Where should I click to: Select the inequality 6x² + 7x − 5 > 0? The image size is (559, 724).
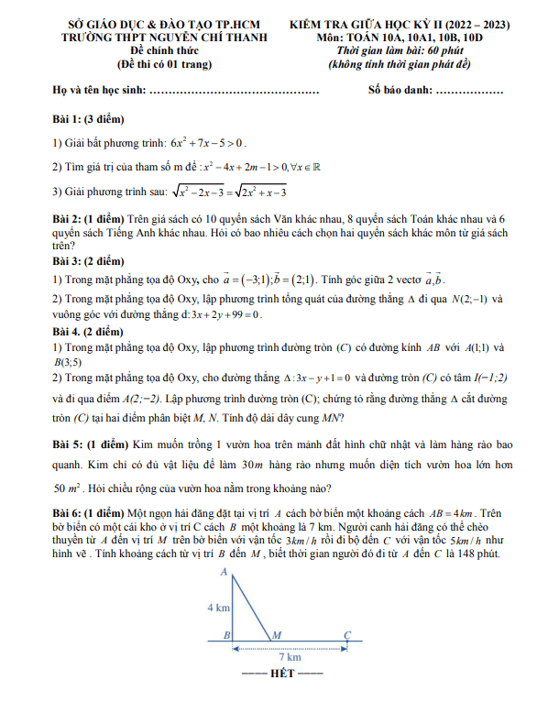tap(208, 143)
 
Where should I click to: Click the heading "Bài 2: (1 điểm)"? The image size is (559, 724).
tap(88, 221)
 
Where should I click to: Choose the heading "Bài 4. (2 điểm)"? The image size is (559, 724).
tap(87, 330)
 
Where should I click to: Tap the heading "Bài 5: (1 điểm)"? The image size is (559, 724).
tap(89, 444)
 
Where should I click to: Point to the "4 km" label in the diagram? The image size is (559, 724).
tap(218, 606)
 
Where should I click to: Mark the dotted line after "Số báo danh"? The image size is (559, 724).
tap(469, 91)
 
